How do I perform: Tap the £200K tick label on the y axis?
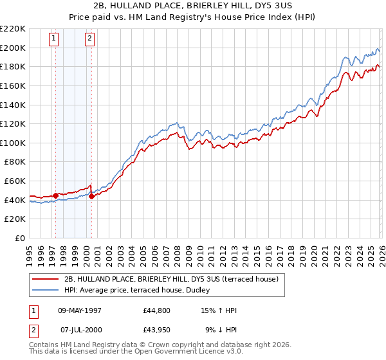click(13, 48)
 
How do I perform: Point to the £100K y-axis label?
click(13, 143)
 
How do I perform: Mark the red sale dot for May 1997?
click(56, 195)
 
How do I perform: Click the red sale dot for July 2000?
click(92, 196)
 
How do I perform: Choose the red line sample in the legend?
click(46, 278)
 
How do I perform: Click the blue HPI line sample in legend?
click(46, 290)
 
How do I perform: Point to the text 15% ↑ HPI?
click(219, 310)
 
